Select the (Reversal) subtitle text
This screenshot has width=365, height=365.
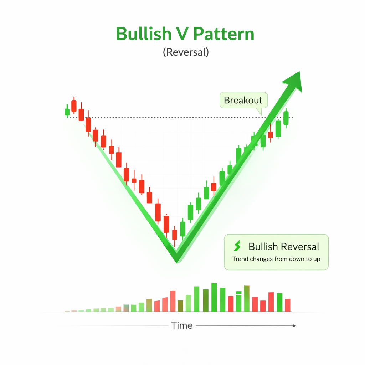point(185,52)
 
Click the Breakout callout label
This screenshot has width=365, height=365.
point(243,100)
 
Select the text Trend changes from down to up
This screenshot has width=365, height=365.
point(276,259)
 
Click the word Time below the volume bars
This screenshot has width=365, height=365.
point(182,325)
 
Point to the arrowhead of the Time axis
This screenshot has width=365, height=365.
point(294,325)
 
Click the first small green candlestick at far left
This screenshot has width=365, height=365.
point(67,112)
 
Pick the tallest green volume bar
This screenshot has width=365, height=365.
point(214,297)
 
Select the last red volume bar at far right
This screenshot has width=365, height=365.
point(288,305)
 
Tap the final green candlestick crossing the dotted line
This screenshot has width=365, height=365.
point(286,118)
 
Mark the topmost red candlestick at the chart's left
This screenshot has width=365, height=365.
point(74,106)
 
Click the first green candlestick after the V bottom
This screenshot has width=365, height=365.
point(183,229)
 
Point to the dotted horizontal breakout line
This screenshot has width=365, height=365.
point(160,118)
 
